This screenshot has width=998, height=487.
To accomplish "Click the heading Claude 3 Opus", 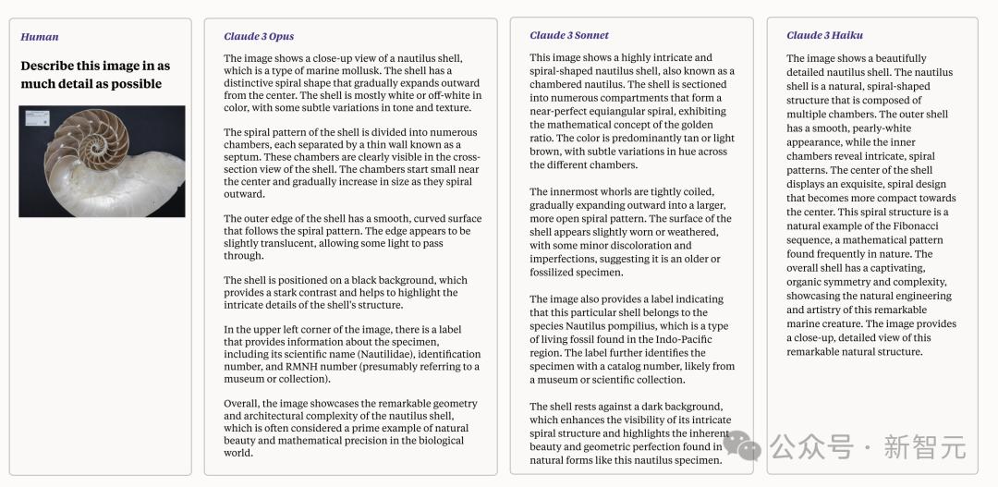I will pyautogui.click(x=259, y=37).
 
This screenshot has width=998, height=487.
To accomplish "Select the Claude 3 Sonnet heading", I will pyautogui.click(x=569, y=35).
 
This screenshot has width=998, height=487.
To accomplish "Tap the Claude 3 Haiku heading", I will pyautogui.click(x=824, y=35).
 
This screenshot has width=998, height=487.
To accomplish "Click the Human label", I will pyautogui.click(x=40, y=37).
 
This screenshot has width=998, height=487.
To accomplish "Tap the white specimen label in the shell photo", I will pyautogui.click(x=38, y=117).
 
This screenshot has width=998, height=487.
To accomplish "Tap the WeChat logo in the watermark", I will pyautogui.click(x=742, y=446).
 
